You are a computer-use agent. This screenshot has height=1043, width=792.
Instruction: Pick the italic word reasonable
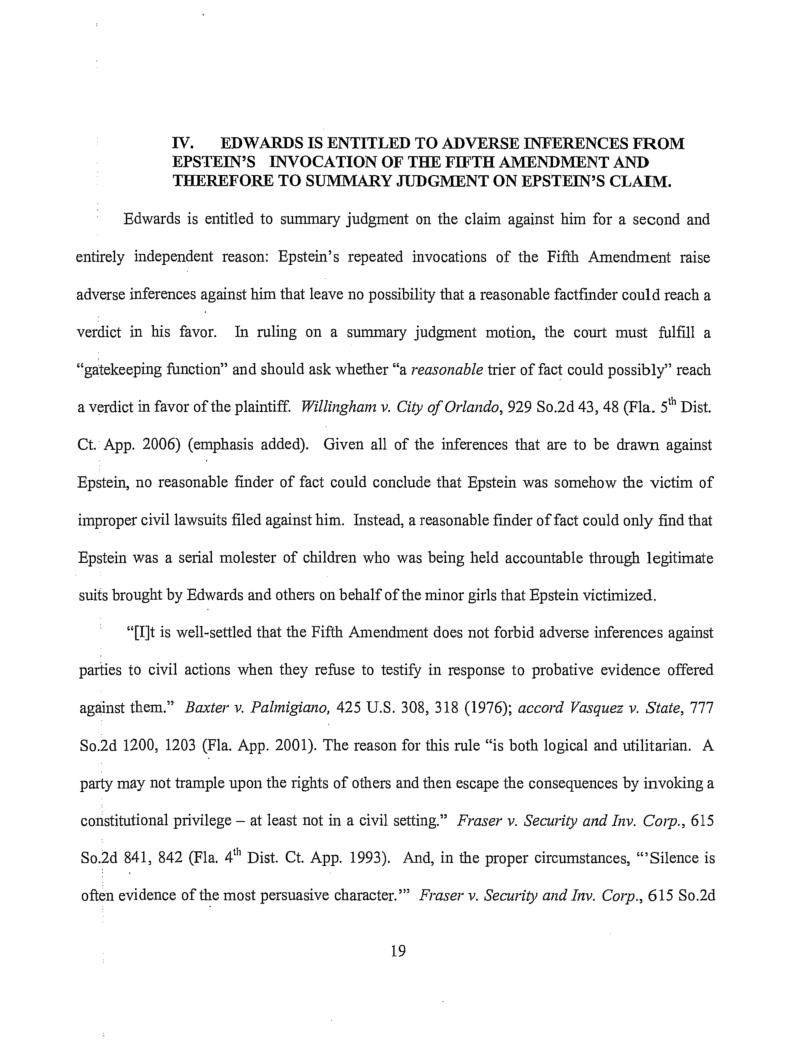tap(447, 370)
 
